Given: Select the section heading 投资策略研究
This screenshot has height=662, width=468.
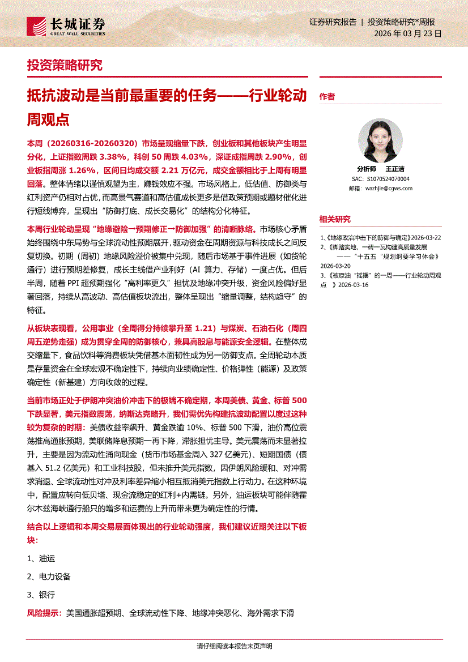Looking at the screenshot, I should pos(65,65).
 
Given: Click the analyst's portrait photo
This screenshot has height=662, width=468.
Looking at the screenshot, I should pos(380,140).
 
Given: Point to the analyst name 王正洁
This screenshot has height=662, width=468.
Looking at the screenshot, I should pos(395,169).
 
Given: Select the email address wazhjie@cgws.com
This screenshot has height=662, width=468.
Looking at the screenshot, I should pos(389,188).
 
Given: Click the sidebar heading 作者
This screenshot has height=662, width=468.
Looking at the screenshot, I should pos(327,97).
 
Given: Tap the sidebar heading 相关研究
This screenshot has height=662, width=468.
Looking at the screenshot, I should pos(335,219).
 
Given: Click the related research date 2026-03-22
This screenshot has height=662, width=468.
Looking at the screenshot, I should pos(426,237).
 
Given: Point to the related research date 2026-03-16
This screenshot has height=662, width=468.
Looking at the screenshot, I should pos(353,285).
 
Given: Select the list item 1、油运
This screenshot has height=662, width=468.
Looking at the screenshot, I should pos(41,558).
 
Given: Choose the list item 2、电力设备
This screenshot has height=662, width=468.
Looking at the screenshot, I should pos(49,576).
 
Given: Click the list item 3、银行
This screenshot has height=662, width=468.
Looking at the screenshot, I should pos(41,595).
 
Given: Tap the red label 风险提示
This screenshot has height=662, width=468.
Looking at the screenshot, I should pos(44,613).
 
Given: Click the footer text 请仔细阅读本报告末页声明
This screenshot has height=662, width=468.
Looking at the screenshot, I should pos(234,646).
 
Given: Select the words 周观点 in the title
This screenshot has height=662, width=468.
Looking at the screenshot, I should pos(48,119).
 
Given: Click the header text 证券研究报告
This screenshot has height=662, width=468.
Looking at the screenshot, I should pos(333,22).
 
